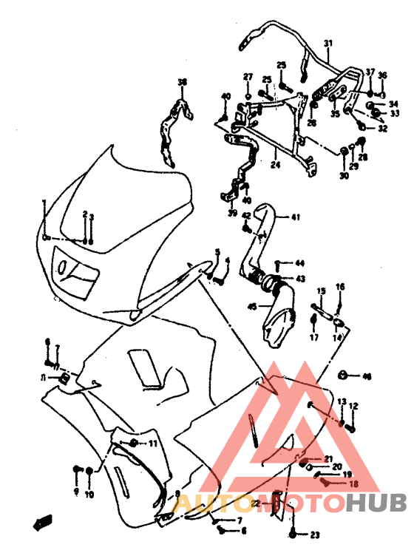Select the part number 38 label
[183, 81]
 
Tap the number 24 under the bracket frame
[275, 166]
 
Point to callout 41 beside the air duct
[295, 217]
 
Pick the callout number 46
[367, 376]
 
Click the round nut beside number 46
[345, 375]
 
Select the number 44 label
[299, 263]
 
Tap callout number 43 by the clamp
[300, 279]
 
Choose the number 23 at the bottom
[314, 534]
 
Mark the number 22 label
[254, 503]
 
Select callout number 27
[248, 76]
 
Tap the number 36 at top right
[382, 75]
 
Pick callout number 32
[382, 128]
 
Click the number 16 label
[340, 286]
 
